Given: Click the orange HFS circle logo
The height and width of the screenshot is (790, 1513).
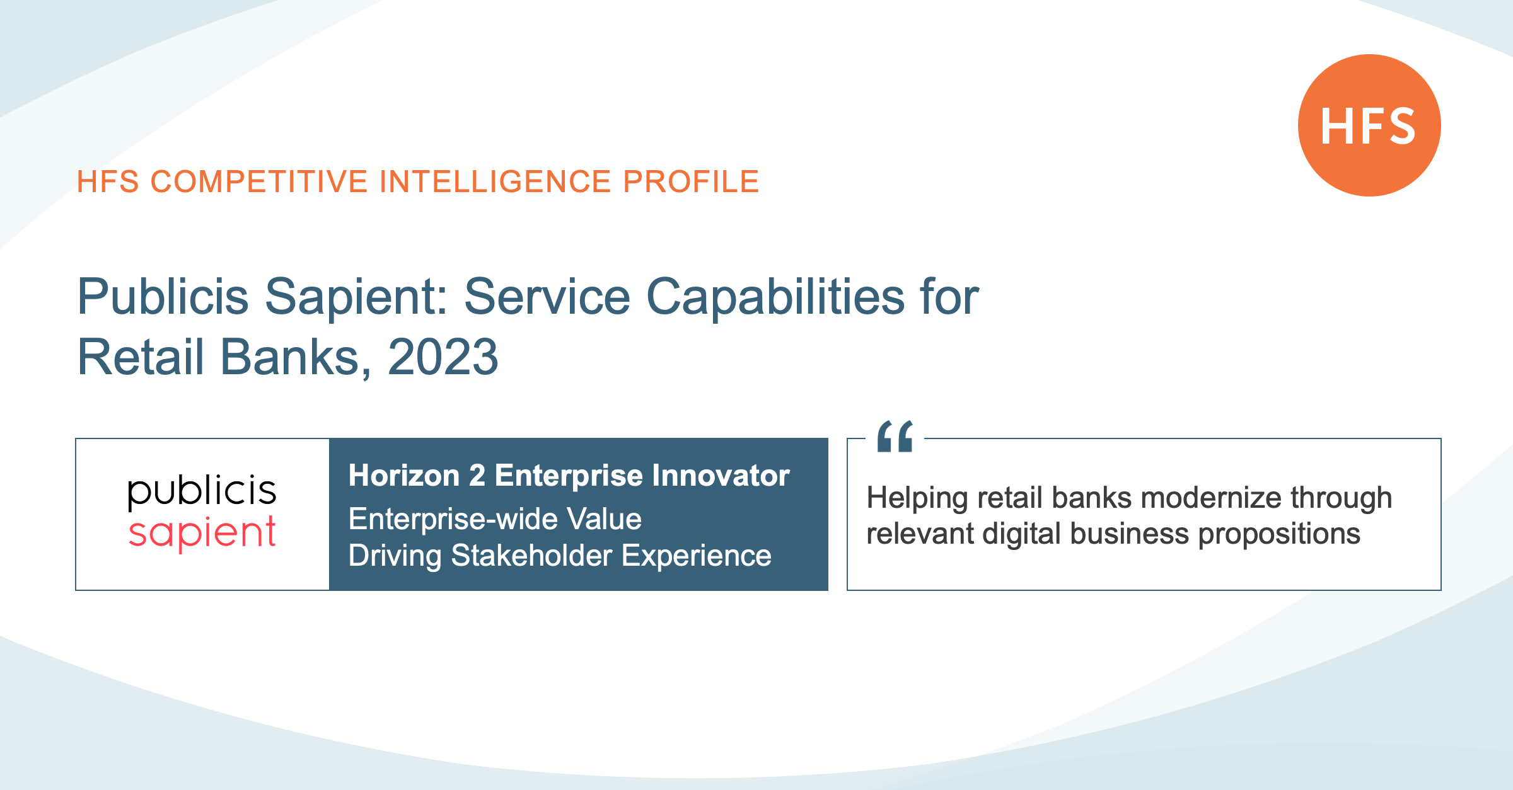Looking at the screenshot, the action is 1369,125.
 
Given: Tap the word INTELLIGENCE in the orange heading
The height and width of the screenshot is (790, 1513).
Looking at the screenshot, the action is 496,182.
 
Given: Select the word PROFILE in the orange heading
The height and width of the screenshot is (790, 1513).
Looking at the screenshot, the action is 691,182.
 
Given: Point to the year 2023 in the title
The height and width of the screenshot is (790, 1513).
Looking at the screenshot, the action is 443,357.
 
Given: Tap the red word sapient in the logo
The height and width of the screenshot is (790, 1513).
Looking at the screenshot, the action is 202,534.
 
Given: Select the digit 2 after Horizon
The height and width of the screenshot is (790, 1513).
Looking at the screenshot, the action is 477,476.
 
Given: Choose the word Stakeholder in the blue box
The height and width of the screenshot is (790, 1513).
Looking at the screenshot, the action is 531,556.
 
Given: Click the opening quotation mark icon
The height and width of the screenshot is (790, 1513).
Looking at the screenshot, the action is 895,436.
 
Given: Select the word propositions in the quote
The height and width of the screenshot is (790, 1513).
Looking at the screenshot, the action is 1279,534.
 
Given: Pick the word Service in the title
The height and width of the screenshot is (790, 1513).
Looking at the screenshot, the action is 547,297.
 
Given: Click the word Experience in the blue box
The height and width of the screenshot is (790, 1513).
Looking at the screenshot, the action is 697,556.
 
